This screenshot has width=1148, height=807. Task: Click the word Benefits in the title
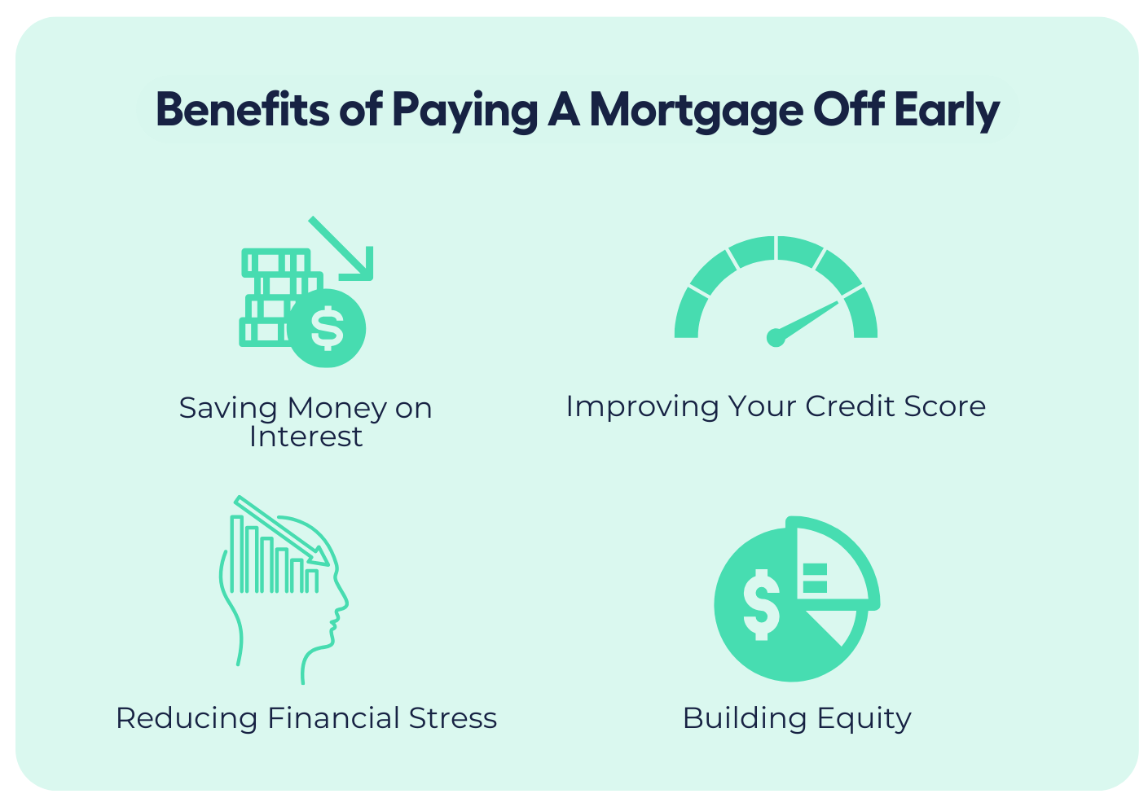pyautogui.click(x=243, y=108)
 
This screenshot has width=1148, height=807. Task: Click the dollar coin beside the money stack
pyautogui.click(x=327, y=328)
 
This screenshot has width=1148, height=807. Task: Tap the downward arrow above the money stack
pyautogui.click(x=341, y=248)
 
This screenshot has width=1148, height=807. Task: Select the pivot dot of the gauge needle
pyautogui.click(x=776, y=338)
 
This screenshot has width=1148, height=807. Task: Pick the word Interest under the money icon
pyautogui.click(x=306, y=436)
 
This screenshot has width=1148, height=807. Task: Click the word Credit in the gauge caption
pyautogui.click(x=851, y=406)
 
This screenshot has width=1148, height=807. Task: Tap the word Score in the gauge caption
pyautogui.click(x=944, y=407)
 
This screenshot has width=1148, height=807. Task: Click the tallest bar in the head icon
pyautogui.click(x=236, y=554)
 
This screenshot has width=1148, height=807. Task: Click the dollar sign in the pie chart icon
pyautogui.click(x=762, y=604)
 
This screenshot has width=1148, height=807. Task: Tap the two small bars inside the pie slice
pyautogui.click(x=815, y=578)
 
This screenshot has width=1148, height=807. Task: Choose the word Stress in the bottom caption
pyautogui.click(x=453, y=718)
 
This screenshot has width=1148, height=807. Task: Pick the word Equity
pyautogui.click(x=864, y=720)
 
